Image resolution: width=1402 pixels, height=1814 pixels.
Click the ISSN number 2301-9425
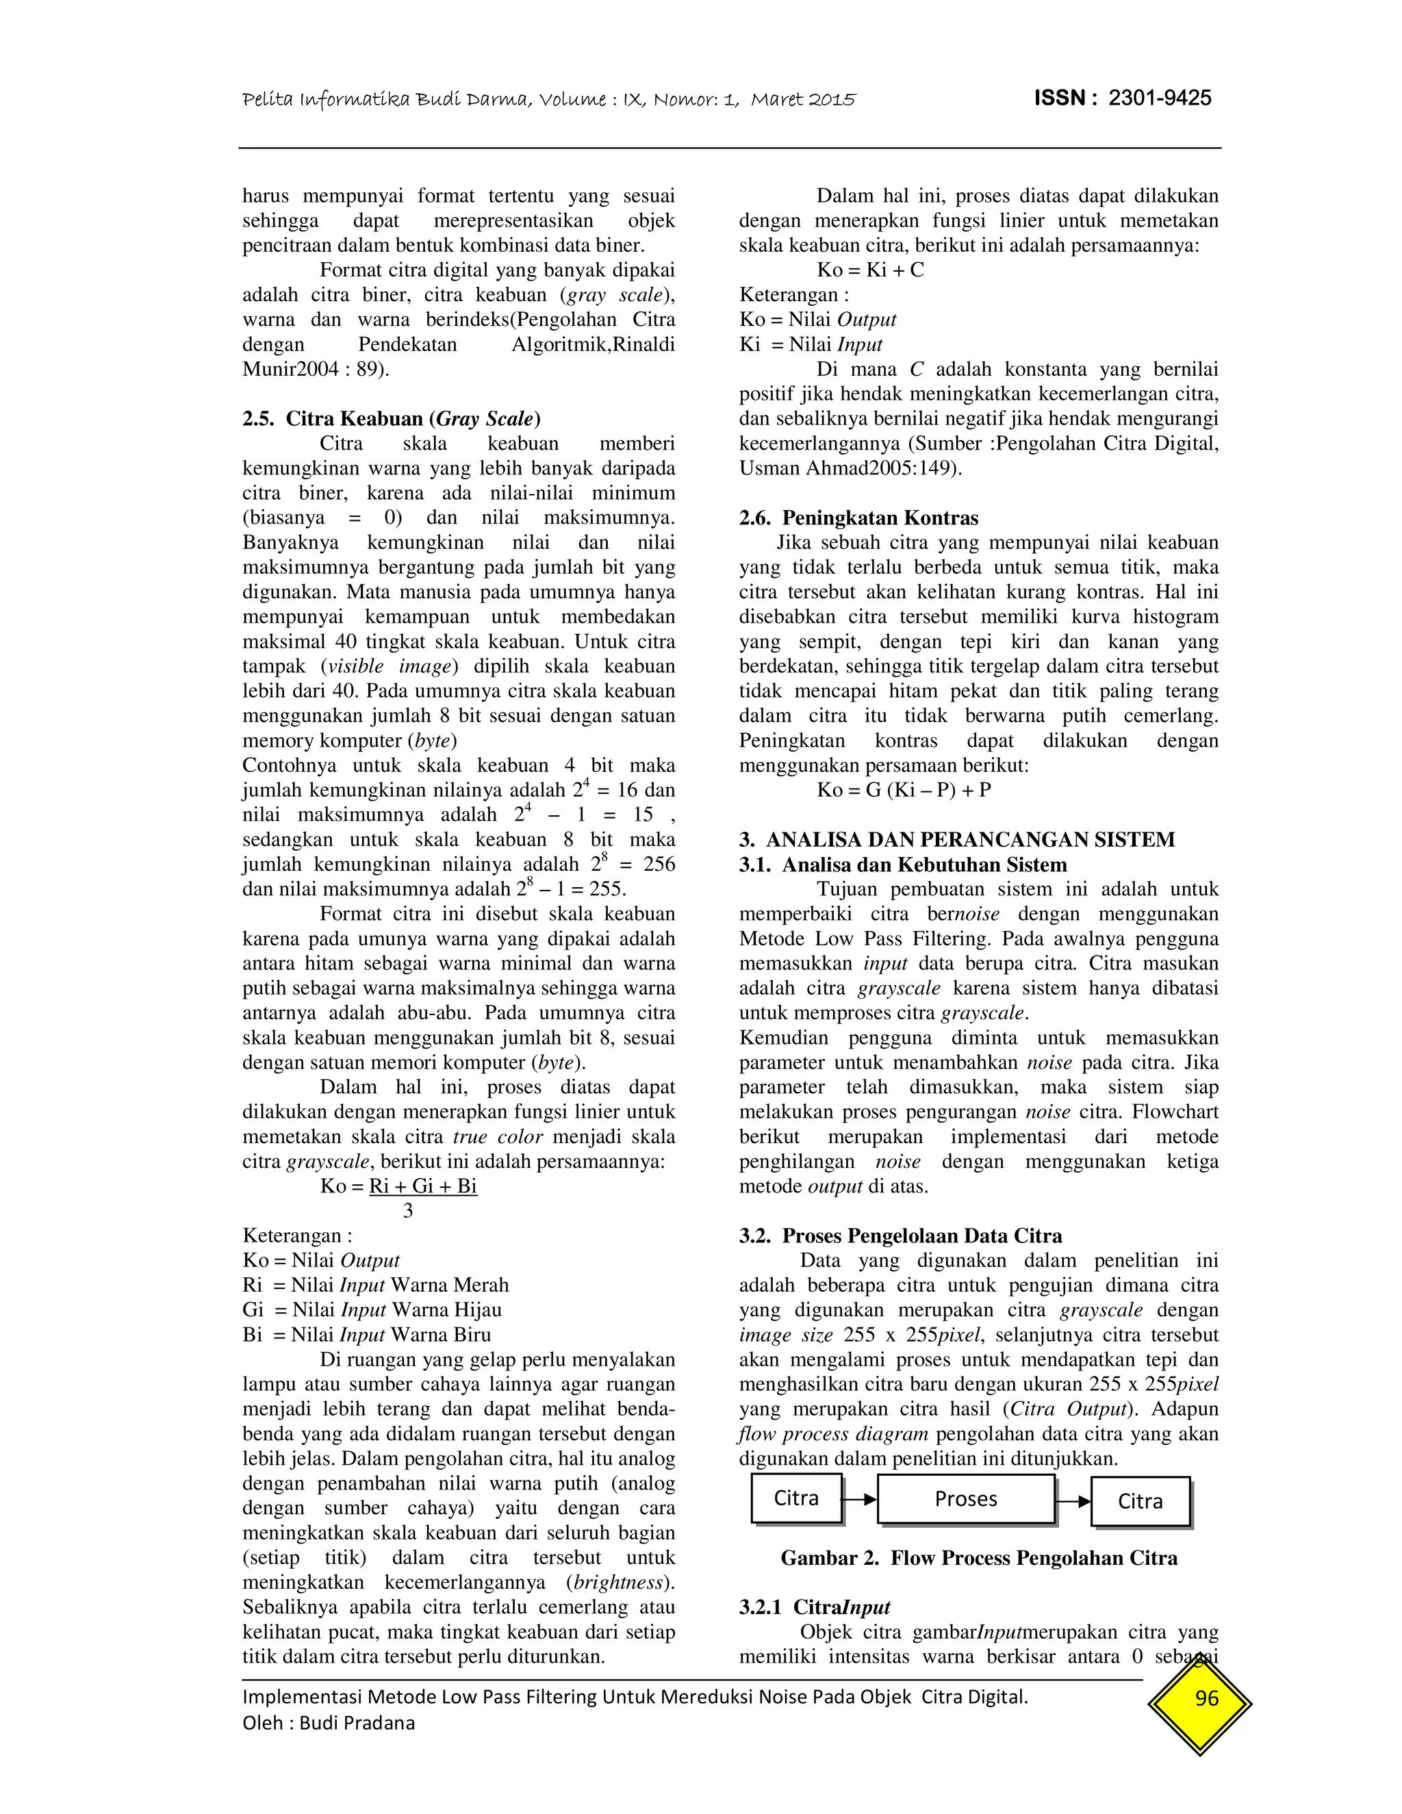click(x=1160, y=98)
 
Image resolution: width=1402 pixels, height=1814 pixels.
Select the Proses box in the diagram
click(x=965, y=1499)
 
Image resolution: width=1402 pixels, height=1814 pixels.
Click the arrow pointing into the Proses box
click(x=861, y=1499)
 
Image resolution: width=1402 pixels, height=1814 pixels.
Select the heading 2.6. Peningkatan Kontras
click(x=859, y=518)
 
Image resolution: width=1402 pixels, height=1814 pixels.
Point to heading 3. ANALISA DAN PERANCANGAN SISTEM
click(x=957, y=840)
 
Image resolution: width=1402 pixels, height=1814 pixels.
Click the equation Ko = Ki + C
click(x=871, y=270)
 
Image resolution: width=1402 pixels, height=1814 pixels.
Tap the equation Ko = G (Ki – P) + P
click(x=904, y=790)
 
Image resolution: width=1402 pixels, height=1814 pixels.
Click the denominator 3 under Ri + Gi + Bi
click(x=408, y=1211)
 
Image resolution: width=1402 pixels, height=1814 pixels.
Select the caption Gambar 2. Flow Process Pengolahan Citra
click(x=978, y=1558)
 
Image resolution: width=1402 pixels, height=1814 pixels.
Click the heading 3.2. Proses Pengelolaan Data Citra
click(x=900, y=1236)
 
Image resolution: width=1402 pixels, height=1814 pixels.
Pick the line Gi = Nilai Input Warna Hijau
click(x=372, y=1310)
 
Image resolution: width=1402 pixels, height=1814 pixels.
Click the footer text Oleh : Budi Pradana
click(x=328, y=1724)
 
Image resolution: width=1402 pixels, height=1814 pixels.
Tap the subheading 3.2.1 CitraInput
click(x=815, y=1607)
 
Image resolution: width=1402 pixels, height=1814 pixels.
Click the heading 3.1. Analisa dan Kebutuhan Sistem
click(x=903, y=865)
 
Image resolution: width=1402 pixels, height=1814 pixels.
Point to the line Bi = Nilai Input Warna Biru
click(x=366, y=1335)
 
